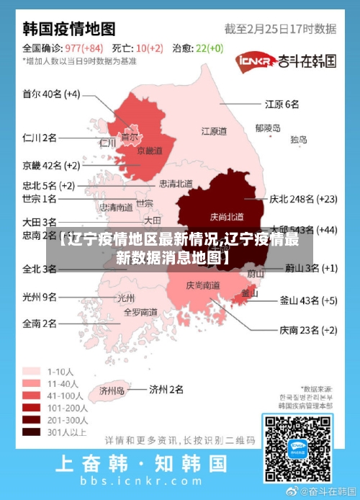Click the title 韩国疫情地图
[x=69, y=29]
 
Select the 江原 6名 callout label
[x=282, y=104]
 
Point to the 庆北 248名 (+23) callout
[x=302, y=198]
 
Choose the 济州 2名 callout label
[x=166, y=390]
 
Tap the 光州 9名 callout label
[x=39, y=296]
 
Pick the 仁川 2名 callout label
[x=39, y=137]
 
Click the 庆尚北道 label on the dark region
[x=227, y=216]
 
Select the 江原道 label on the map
[x=214, y=132]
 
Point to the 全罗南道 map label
[x=140, y=313]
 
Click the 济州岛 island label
[x=112, y=391]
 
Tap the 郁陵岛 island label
[x=267, y=128]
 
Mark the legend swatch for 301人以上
[x=31, y=432]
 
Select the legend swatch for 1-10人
[x=31, y=371]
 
